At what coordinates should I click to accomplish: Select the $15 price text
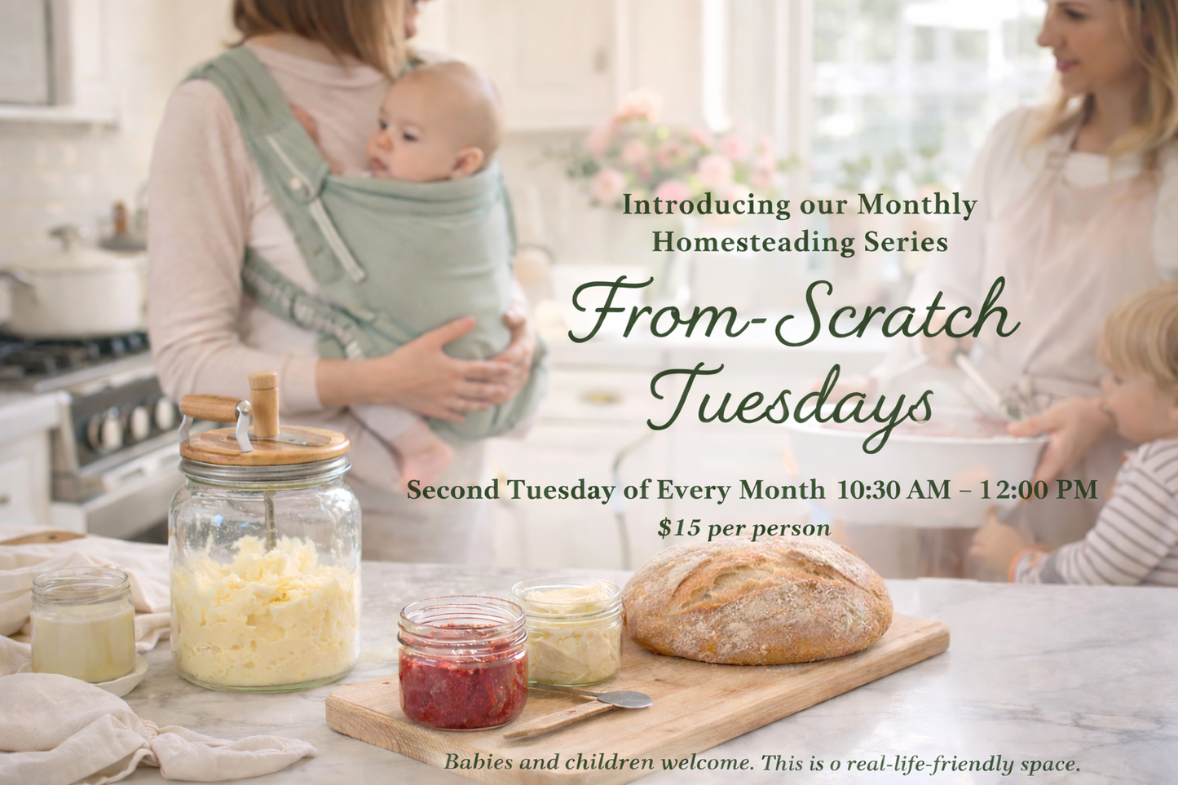[679, 528]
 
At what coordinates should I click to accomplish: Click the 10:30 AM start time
[893, 490]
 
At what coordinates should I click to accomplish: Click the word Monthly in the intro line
[916, 205]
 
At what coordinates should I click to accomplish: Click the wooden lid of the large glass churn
[264, 445]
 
